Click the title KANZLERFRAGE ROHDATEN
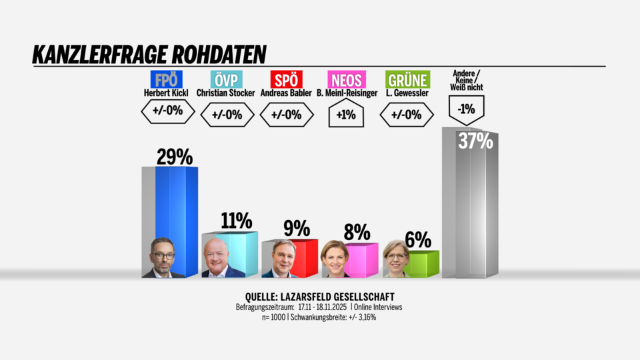[x=149, y=54]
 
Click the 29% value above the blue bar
[x=175, y=157]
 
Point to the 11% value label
[x=236, y=220]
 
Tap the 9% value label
[x=297, y=229]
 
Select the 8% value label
[x=357, y=232]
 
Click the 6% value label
[x=418, y=240]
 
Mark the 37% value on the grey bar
[x=475, y=141]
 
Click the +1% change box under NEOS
[x=346, y=115]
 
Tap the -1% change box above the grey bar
[x=467, y=109]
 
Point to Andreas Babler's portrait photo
[x=279, y=259]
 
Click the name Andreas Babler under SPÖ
[x=286, y=93]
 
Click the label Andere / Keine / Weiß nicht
[x=467, y=80]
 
